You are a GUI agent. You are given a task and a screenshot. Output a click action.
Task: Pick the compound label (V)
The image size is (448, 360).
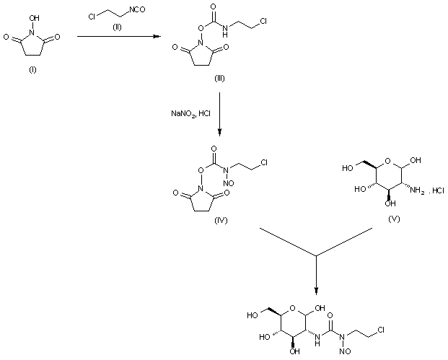tap(392, 216)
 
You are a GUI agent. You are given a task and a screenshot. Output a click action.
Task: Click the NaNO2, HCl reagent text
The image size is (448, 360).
tap(190, 113)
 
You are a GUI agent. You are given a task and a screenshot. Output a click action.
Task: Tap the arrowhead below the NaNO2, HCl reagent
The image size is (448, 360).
tap(219, 132)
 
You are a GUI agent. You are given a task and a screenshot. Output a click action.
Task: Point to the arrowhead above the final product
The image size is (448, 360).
tap(316, 291)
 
